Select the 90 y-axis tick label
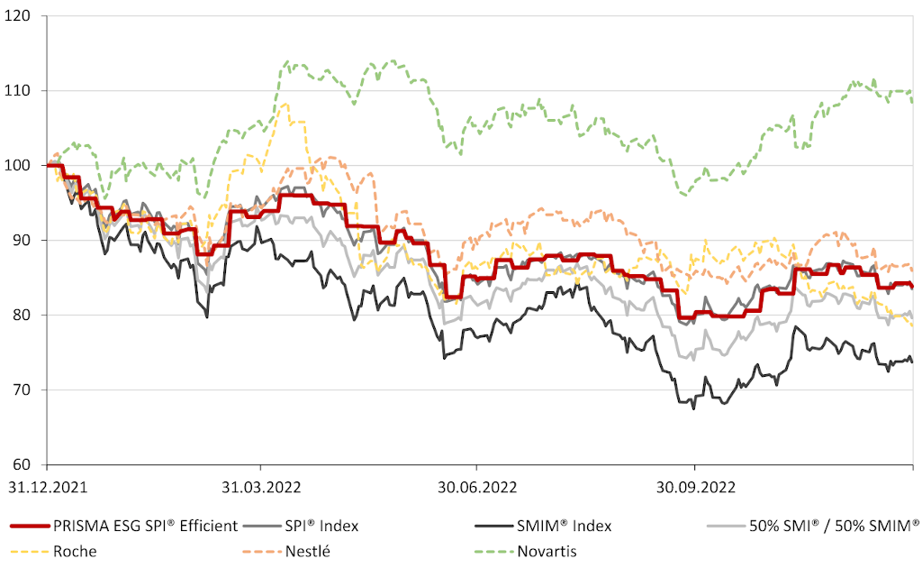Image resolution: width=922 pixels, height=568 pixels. (29, 241)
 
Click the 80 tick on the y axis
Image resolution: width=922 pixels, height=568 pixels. (29, 316)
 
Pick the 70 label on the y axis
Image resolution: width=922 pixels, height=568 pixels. (29, 390)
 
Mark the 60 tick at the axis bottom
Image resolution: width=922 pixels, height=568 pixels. (29, 465)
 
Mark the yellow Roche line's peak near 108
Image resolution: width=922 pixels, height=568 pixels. (285, 103)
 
